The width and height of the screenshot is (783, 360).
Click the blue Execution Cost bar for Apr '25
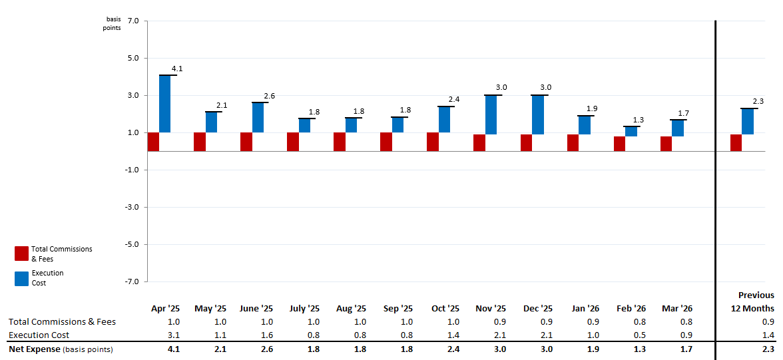click(164, 104)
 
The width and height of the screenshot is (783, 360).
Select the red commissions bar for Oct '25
click(433, 142)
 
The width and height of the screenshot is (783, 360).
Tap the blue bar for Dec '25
click(537, 114)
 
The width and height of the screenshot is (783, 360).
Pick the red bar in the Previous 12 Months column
click(736, 142)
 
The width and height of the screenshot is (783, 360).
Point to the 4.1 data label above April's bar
click(177, 69)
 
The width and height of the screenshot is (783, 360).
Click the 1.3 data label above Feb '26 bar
click(638, 120)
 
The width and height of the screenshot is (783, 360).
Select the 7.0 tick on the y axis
click(132, 21)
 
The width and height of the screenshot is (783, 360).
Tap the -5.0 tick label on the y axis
click(130, 245)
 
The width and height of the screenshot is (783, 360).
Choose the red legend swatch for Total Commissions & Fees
click(21, 254)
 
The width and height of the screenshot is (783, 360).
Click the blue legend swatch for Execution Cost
click(21, 278)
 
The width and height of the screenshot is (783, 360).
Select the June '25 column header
click(256, 309)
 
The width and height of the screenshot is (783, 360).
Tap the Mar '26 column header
click(677, 309)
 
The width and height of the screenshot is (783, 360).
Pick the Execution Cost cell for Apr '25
click(173, 335)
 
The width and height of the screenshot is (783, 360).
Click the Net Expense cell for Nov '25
click(500, 349)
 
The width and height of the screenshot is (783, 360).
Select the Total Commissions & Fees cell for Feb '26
click(640, 322)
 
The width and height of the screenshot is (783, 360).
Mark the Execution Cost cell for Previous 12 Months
click(768, 335)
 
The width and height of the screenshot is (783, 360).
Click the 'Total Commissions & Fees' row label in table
click(62, 322)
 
